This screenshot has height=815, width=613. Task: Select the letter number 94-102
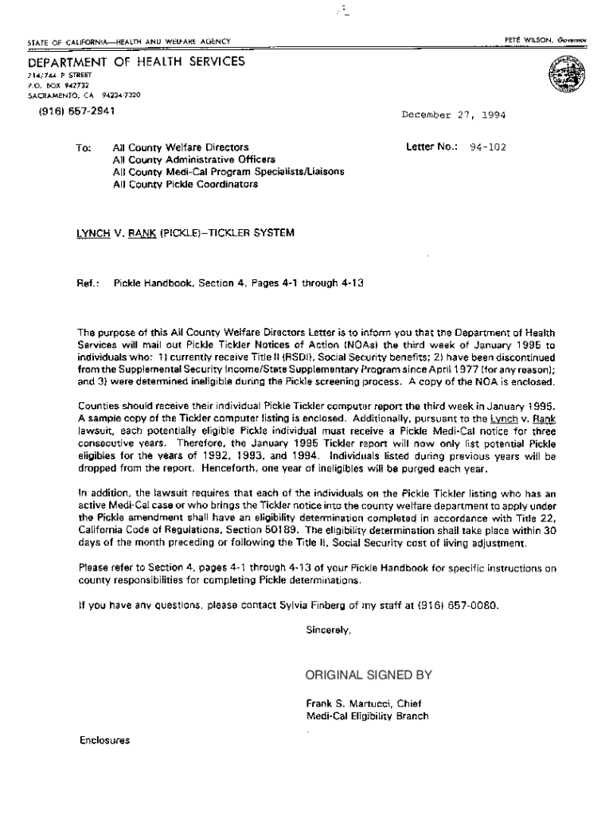click(486, 147)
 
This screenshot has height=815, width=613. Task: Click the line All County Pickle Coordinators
click(185, 184)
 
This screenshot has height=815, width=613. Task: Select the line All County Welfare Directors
click(181, 147)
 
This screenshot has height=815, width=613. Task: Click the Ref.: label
click(88, 283)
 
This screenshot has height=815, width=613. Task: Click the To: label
click(84, 147)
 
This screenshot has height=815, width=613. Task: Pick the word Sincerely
click(328, 630)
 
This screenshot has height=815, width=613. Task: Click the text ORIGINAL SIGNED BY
click(369, 676)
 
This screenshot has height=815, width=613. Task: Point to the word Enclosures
click(104, 740)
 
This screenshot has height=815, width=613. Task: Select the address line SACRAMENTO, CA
click(61, 93)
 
